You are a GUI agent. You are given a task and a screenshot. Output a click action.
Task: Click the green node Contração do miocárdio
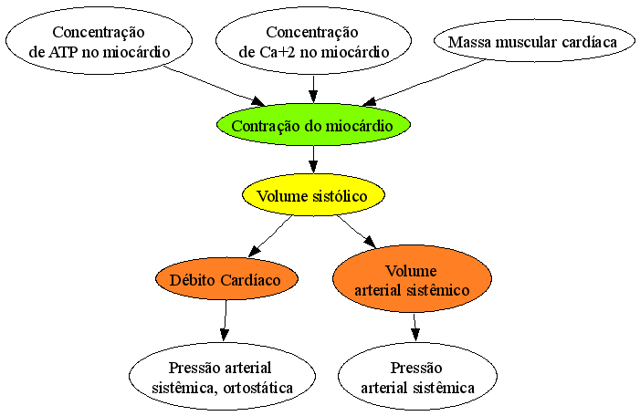313,125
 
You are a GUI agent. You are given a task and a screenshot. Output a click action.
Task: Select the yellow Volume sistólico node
313,195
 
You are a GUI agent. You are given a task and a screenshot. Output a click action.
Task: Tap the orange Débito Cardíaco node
226,279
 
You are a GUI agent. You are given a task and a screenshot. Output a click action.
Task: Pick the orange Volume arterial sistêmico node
413,279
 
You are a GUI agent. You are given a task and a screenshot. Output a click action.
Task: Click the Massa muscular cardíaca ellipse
534,41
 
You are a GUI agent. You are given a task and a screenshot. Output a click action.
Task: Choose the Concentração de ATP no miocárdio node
100,41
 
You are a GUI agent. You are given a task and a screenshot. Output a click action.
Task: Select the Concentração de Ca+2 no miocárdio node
313,41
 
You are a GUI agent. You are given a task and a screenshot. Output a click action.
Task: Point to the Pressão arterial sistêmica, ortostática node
223,377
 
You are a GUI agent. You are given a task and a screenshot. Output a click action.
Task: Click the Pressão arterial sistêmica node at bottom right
417,377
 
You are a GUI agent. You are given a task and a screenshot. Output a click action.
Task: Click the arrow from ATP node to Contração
215,87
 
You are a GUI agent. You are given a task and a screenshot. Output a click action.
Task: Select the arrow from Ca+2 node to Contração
313,88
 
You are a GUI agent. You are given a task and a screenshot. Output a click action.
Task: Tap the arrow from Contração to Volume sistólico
313,160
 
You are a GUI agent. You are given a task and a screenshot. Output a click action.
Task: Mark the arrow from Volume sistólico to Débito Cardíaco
270,236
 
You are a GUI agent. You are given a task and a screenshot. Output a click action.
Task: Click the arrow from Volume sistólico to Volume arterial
356,232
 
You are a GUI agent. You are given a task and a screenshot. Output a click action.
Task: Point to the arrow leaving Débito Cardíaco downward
225,320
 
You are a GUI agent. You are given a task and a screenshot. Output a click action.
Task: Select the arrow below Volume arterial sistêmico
415,328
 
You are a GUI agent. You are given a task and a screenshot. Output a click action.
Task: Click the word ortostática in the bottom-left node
258,388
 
